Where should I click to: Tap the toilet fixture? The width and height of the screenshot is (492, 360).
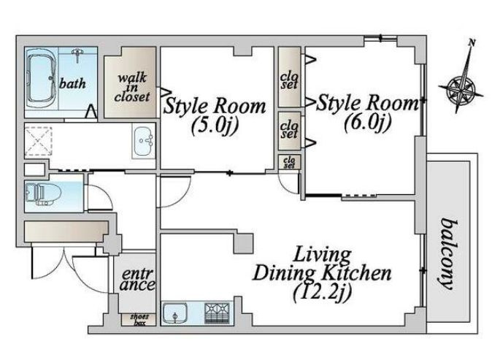[x=42, y=193]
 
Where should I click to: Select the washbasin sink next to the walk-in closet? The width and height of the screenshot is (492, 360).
[x=143, y=141]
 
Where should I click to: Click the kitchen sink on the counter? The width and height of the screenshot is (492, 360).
[x=174, y=313]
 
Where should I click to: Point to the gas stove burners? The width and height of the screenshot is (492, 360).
[x=217, y=313]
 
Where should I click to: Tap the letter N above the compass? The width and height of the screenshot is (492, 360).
[x=471, y=43]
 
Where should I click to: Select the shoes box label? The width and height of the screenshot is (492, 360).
[x=139, y=319]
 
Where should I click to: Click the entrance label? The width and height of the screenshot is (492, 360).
[x=137, y=279]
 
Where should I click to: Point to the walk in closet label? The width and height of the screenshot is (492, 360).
[x=132, y=87]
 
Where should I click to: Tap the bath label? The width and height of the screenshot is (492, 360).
[x=72, y=83]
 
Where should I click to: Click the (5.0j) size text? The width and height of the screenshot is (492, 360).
[x=215, y=125]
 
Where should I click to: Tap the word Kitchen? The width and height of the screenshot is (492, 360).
[x=357, y=273]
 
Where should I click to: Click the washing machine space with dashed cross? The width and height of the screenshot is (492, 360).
[x=38, y=141]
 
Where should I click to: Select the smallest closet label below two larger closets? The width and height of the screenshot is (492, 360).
[x=289, y=162]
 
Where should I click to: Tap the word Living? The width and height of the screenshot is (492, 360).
[x=322, y=255]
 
